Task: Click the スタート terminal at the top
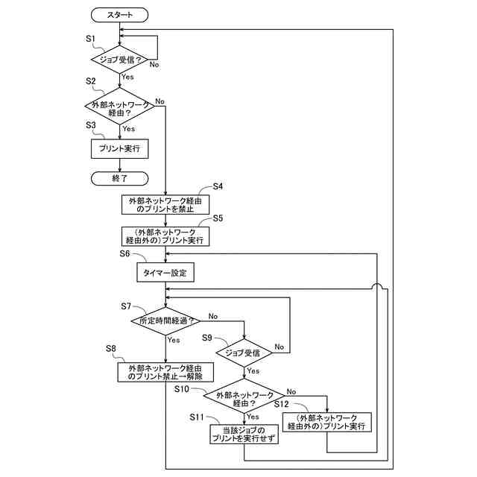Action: click(x=119, y=14)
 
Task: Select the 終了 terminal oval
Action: click(x=119, y=178)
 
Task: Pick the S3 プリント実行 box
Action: click(x=119, y=148)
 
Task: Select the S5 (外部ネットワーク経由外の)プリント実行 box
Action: click(x=165, y=236)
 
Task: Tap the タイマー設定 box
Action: click(x=165, y=274)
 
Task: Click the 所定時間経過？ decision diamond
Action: click(x=165, y=321)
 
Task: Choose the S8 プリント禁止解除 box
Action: click(x=165, y=372)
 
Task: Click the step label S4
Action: click(x=218, y=186)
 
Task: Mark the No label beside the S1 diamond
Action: click(x=154, y=65)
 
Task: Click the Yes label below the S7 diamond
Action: click(x=174, y=340)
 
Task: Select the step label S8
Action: click(x=111, y=348)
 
